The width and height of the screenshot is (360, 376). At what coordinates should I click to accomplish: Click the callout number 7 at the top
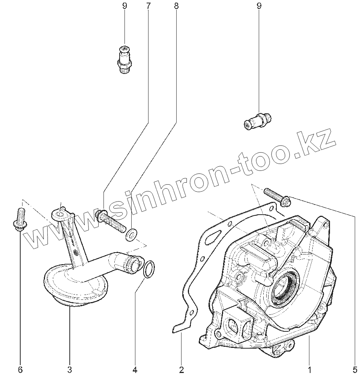148,6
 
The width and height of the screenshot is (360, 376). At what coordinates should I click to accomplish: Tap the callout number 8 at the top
176,6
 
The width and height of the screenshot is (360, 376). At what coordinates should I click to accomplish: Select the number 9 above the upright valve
124,6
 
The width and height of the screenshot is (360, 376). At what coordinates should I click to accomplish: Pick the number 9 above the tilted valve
259,6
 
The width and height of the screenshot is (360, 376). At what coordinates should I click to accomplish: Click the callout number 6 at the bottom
20,369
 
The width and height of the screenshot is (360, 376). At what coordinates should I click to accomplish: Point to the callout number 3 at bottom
69,369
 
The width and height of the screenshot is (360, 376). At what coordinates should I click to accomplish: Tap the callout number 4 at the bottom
135,369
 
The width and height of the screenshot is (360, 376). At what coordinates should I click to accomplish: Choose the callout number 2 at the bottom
181,369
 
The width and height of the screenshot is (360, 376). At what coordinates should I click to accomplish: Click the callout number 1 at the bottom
309,369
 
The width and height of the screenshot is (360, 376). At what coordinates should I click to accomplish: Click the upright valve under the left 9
125,59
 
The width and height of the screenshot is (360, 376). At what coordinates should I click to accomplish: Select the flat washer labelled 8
131,235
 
